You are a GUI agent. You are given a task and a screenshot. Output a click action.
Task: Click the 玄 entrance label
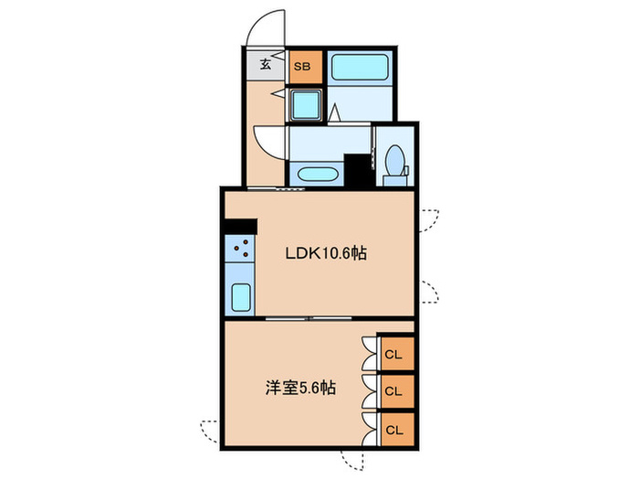click(x=266, y=64)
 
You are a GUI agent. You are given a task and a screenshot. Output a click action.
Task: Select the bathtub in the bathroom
click(x=360, y=67)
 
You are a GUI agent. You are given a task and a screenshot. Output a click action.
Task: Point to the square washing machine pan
click(x=306, y=104)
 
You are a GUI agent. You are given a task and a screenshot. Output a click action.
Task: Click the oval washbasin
click(x=318, y=176)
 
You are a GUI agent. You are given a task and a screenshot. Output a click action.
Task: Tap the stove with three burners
click(x=239, y=249)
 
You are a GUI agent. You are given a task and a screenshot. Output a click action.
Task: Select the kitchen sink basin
click(x=241, y=297)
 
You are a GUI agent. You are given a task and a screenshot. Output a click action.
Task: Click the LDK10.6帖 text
click(x=326, y=253)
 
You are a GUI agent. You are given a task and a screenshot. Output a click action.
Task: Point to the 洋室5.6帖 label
click(x=300, y=388)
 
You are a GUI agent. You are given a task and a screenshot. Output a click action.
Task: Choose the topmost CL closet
click(x=397, y=354)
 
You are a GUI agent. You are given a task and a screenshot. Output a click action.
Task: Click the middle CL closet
click(x=397, y=391)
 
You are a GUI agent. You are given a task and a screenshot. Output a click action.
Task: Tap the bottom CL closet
click(x=397, y=430)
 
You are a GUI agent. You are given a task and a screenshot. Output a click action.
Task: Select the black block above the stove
click(x=240, y=227)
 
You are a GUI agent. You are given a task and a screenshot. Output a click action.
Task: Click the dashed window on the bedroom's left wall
click(x=210, y=431)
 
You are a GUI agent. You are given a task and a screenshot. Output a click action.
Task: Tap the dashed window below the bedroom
click(x=353, y=461)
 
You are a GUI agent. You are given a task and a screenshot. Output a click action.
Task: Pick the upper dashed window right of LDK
click(x=429, y=220)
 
